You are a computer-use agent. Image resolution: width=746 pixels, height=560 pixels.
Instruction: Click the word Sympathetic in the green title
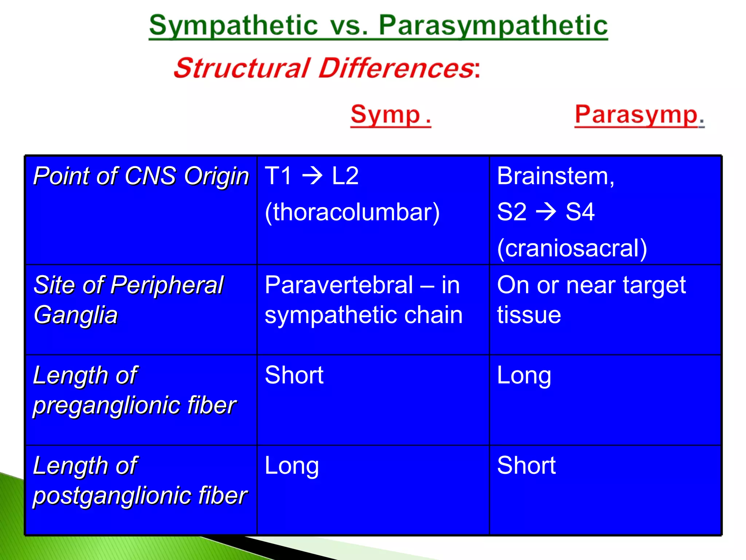tap(233, 26)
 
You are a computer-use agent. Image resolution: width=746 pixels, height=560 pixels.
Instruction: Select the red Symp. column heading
tap(390, 115)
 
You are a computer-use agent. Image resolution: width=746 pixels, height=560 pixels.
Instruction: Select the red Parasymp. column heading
tap(639, 115)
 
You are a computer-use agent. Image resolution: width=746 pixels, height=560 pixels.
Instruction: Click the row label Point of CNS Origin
tap(141, 176)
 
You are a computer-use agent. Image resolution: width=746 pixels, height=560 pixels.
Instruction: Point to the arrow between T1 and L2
tap(312, 176)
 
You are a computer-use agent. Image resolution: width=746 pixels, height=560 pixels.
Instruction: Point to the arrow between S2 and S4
tap(546, 211)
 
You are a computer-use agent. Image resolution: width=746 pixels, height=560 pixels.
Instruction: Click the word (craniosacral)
tap(572, 248)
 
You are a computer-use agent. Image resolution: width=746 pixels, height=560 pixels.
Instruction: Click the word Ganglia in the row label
tap(76, 315)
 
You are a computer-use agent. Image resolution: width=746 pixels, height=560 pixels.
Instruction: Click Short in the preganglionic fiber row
tap(294, 375)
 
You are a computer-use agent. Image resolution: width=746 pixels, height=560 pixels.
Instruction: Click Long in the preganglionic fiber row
tap(524, 376)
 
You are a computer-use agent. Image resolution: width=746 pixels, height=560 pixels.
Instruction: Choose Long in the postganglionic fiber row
tap(291, 466)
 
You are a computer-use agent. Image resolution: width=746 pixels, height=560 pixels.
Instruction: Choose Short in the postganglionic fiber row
tap(526, 466)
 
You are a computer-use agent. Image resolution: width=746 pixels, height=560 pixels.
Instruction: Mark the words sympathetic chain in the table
tap(364, 315)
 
